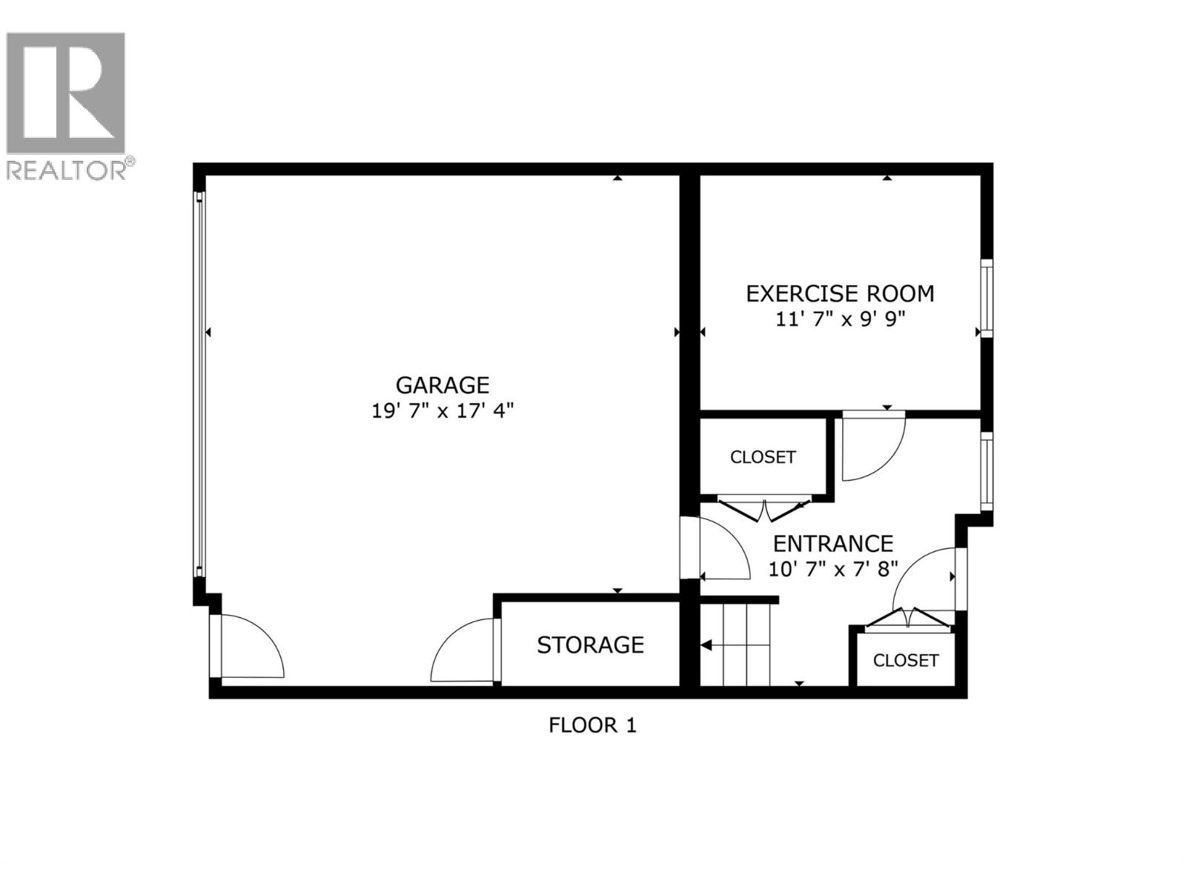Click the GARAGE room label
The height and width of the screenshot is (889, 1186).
click(x=442, y=385)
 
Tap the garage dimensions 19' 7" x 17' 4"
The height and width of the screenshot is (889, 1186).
click(x=442, y=410)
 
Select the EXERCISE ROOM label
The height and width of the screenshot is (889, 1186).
click(x=839, y=294)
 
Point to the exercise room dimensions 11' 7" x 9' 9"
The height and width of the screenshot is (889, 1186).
click(x=839, y=319)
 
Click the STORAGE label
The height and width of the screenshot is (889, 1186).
click(x=590, y=645)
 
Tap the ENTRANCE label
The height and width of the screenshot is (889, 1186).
click(x=832, y=544)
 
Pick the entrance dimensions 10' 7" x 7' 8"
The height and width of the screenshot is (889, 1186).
click(x=832, y=569)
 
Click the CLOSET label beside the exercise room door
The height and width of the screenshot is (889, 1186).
click(x=763, y=457)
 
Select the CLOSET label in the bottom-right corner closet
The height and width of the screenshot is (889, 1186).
click(x=906, y=660)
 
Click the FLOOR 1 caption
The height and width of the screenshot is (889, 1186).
click(x=592, y=725)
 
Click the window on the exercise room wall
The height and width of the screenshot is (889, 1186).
click(x=987, y=297)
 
